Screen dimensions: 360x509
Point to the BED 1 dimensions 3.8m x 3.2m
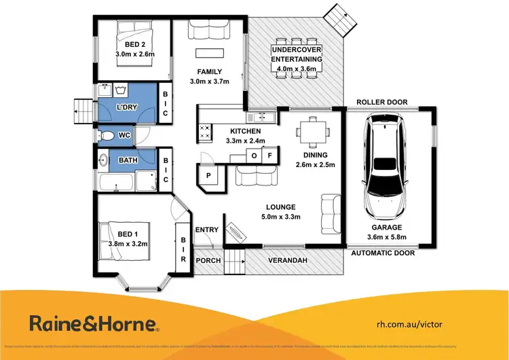(127, 243)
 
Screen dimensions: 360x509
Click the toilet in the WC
(107, 136)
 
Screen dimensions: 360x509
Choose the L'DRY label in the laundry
(126, 108)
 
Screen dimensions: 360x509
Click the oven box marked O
(254, 156)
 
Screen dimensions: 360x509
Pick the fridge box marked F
(269, 156)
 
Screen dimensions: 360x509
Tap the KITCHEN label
(245, 131)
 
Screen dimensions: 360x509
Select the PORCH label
(208, 260)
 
